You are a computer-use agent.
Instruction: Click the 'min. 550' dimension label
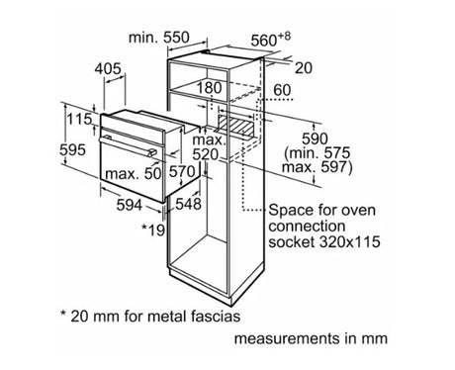point(158,38)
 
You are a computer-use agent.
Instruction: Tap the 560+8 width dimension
point(271,40)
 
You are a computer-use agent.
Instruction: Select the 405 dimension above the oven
point(108,69)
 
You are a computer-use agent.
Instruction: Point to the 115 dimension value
point(79,119)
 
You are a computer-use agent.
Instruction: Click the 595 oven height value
point(72,150)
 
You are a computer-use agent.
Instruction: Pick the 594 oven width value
point(130,205)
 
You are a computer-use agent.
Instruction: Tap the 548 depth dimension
point(188,204)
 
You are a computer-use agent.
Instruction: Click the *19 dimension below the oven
point(153,230)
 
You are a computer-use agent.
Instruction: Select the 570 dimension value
point(182,172)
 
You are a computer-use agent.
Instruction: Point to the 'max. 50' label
point(134,174)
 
